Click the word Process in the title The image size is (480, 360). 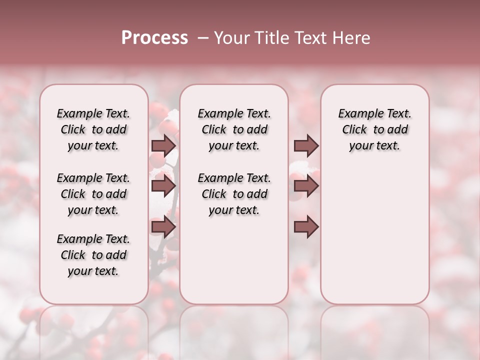pyautogui.click(x=154, y=38)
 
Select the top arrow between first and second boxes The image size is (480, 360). pyautogui.click(x=163, y=145)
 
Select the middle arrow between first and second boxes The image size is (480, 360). pyautogui.click(x=163, y=186)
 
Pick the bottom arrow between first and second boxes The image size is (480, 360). pyautogui.click(x=163, y=227)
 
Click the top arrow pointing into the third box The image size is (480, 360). pyautogui.click(x=306, y=145)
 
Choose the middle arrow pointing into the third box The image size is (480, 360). pyautogui.click(x=306, y=186)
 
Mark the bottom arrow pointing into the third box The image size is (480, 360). pyautogui.click(x=306, y=227)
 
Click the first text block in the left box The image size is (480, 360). pyautogui.click(x=93, y=129)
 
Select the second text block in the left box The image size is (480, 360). pyautogui.click(x=93, y=194)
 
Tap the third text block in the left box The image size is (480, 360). pyautogui.click(x=93, y=255)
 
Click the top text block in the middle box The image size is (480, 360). pyautogui.click(x=234, y=129)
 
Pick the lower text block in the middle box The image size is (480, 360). pyautogui.click(x=234, y=194)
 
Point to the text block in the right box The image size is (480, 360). pyautogui.click(x=374, y=129)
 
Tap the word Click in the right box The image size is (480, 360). pyautogui.click(x=354, y=130)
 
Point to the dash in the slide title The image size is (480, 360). pyautogui.click(x=203, y=38)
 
